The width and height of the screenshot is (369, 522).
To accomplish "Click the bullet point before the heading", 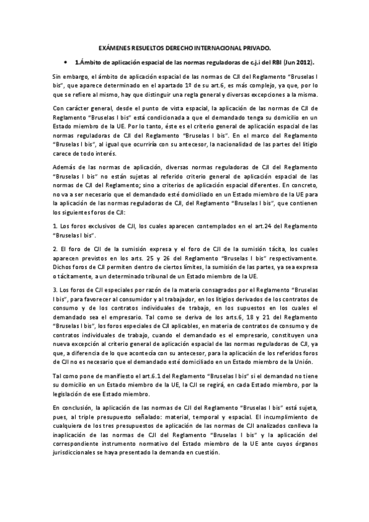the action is pos(64,63).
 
